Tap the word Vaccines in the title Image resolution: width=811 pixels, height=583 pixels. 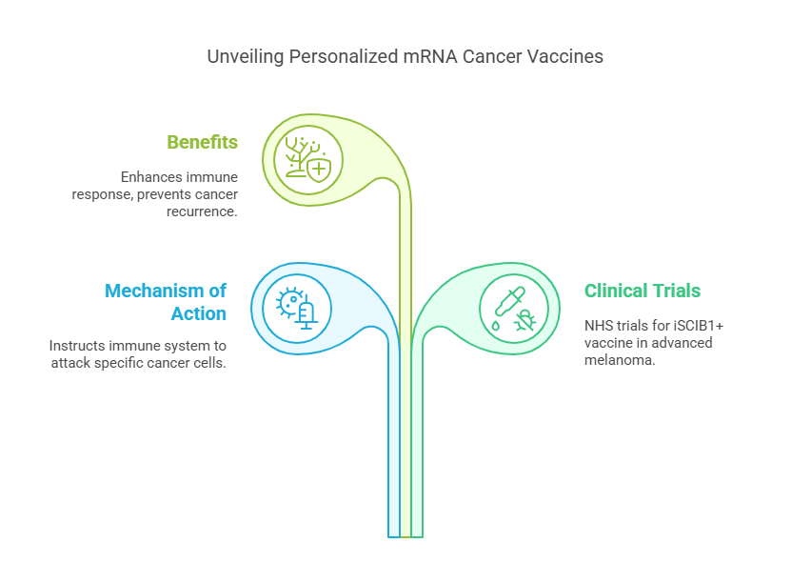(568, 57)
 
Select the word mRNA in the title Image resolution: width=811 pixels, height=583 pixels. (425, 57)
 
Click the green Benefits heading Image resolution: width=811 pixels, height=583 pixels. (202, 142)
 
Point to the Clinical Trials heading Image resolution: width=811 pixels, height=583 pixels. (643, 291)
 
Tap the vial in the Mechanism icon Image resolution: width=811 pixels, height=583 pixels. (307, 313)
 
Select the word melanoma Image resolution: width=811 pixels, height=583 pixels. (620, 361)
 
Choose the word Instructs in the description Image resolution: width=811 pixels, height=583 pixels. (76, 345)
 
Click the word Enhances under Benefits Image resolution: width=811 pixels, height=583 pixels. (152, 177)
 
